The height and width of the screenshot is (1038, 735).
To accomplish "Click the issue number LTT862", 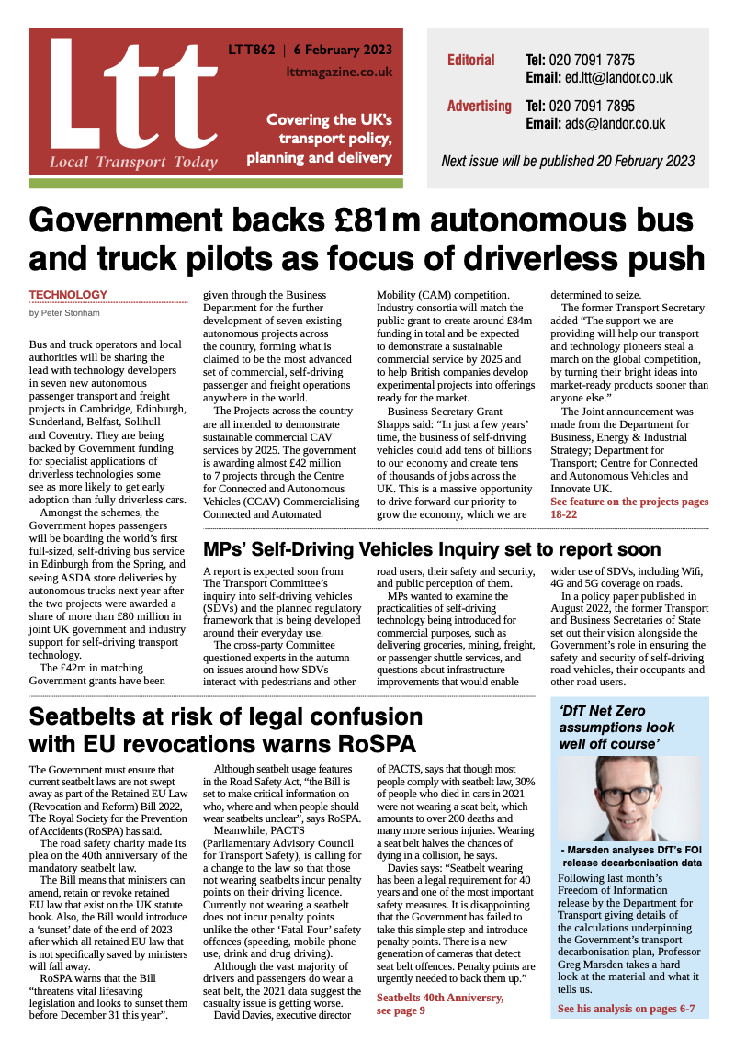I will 251,50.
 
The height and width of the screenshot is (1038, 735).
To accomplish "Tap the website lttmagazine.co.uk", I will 339,71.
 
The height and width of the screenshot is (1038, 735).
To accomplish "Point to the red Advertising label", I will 479,106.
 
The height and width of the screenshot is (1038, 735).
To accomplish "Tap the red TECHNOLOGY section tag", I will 68,295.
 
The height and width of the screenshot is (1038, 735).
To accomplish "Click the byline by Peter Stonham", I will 65,313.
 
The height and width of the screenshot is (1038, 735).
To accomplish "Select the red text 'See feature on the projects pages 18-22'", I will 628,508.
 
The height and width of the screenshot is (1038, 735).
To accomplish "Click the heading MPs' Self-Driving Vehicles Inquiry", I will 432,550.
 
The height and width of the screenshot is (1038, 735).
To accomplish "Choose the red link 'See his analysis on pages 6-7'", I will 626,1009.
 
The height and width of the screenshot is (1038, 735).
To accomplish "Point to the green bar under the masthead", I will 216,184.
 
